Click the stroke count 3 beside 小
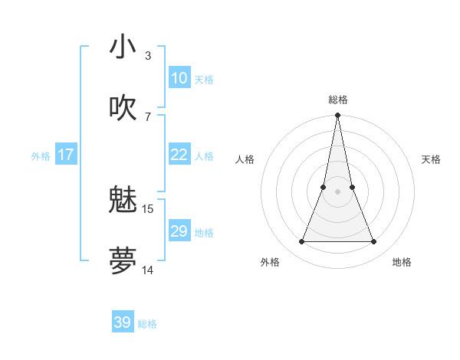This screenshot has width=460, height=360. pyautogui.click(x=148, y=56)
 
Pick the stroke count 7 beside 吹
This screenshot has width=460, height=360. pyautogui.click(x=148, y=116)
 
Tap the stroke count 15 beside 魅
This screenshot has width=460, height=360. pyautogui.click(x=148, y=208)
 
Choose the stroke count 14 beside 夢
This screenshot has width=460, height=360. pyautogui.click(x=148, y=269)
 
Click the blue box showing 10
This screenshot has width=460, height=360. pyautogui.click(x=179, y=78)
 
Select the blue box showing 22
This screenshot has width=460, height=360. pyautogui.click(x=179, y=155)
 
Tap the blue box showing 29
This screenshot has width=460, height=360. pyautogui.click(x=179, y=231)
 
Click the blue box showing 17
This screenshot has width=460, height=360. pyautogui.click(x=66, y=155)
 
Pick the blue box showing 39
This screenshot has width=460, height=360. pyautogui.click(x=123, y=322)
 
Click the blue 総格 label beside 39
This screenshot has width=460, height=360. pyautogui.click(x=148, y=324)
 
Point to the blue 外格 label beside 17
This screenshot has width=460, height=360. pyautogui.click(x=41, y=156)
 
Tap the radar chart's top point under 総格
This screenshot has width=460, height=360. pyautogui.click(x=337, y=116)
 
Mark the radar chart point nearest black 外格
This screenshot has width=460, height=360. pyautogui.click(x=301, y=242)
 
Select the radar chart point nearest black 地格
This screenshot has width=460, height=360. pyautogui.click(x=373, y=242)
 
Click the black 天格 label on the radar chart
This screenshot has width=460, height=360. pyautogui.click(x=432, y=159)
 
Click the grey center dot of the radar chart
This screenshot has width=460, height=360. pyautogui.click(x=337, y=191)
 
